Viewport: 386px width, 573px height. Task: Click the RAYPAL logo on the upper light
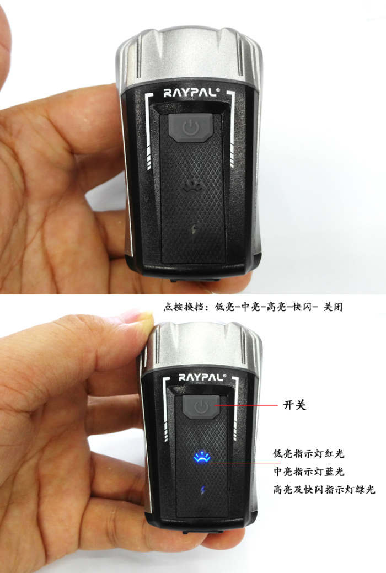pyautogui.click(x=191, y=93)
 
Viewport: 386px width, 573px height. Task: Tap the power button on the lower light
pyautogui.click(x=201, y=407)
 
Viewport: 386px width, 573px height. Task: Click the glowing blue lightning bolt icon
pyautogui.click(x=203, y=490)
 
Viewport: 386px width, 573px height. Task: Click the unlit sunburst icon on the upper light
pyautogui.click(x=191, y=186)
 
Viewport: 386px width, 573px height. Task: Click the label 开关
pyautogui.click(x=294, y=405)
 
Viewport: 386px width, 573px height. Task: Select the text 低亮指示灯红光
pyautogui.click(x=308, y=454)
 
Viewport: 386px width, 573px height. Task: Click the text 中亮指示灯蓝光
pyautogui.click(x=309, y=472)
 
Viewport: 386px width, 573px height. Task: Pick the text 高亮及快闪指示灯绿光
pyautogui.click(x=324, y=489)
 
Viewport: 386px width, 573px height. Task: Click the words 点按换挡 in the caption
pyautogui.click(x=183, y=307)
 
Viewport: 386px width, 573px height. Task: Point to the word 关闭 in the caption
pyautogui.click(x=334, y=307)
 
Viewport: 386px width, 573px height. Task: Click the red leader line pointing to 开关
pyautogui.click(x=246, y=405)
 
